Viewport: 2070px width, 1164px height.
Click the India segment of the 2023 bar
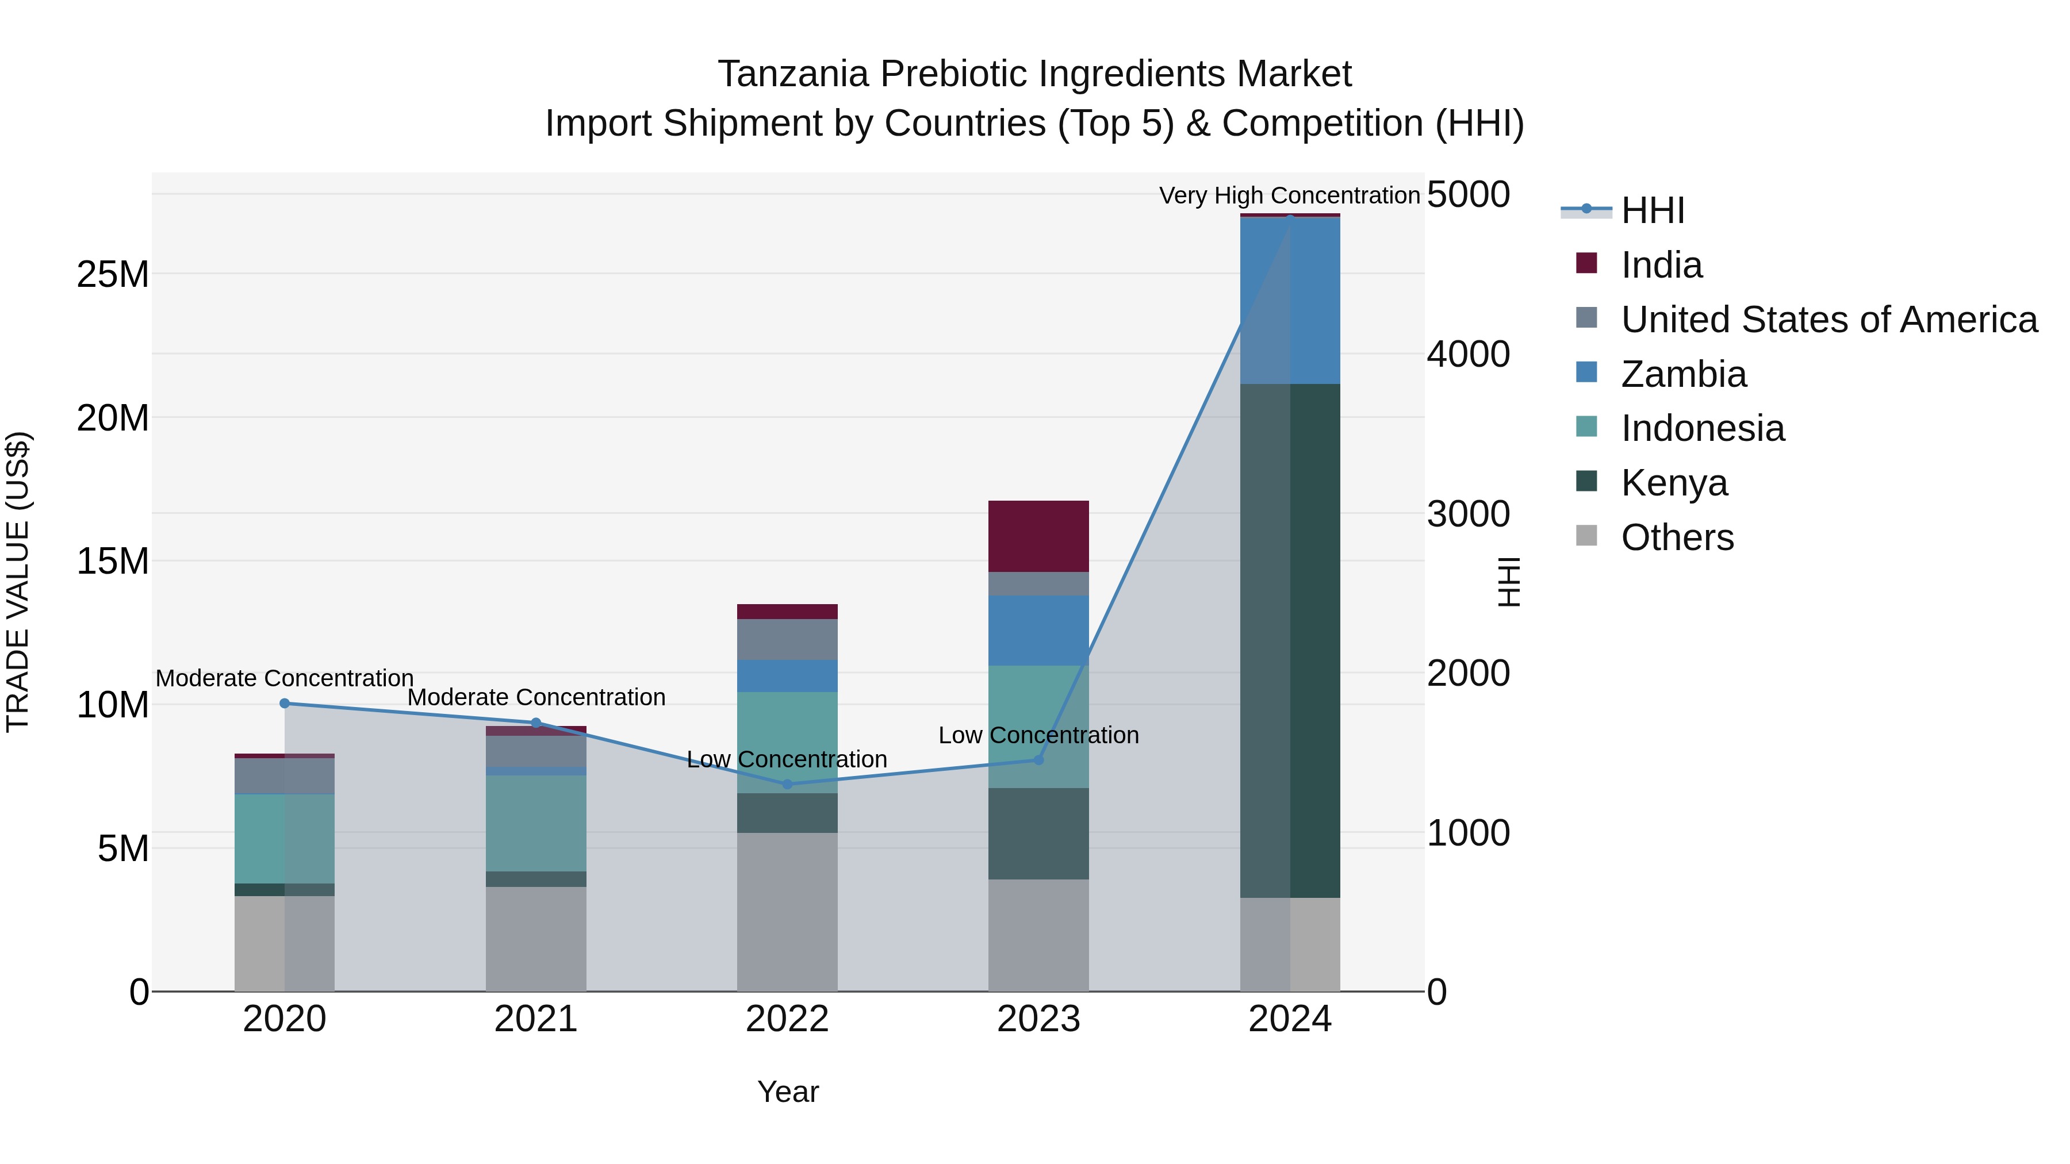(x=1038, y=536)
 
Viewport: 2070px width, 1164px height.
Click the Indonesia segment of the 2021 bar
(x=536, y=823)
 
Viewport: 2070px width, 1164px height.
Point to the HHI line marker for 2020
(x=285, y=704)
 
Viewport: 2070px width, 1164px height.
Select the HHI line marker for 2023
(x=1038, y=760)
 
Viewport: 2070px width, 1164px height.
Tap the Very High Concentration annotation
(x=1289, y=196)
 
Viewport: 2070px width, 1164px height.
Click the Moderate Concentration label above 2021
(x=536, y=697)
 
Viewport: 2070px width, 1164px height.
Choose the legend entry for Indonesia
(x=1702, y=428)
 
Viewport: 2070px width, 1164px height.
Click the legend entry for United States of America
(x=1828, y=320)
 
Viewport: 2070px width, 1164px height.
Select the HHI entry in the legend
(x=1652, y=210)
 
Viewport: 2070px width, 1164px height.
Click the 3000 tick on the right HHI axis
(x=1468, y=514)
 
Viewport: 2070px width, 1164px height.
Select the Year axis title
(x=788, y=1092)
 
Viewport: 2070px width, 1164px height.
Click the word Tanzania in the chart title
(x=792, y=74)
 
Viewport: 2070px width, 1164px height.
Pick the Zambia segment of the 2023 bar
(x=1038, y=630)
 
